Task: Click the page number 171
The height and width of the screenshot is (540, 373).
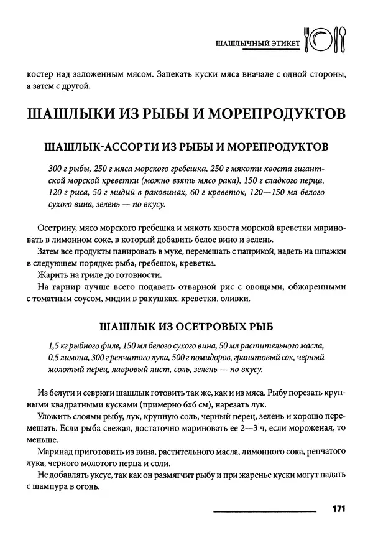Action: pos(339,509)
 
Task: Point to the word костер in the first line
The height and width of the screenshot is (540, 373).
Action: pos(41,75)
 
